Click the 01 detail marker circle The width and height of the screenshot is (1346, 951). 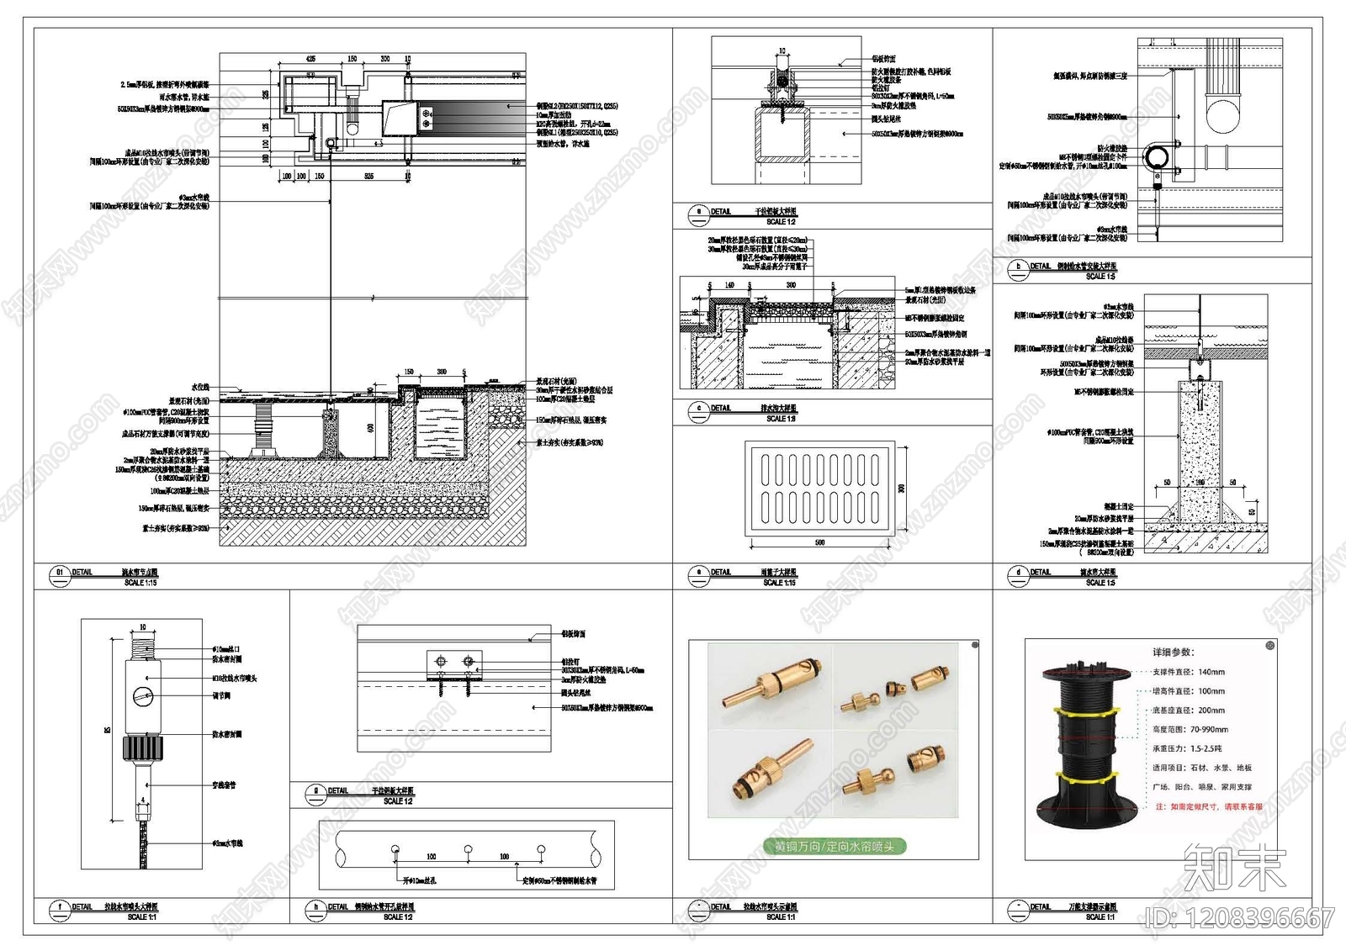pyautogui.click(x=59, y=573)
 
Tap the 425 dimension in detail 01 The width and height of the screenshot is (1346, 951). pyautogui.click(x=310, y=60)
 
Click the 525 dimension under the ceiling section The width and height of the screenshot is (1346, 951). pyautogui.click(x=368, y=177)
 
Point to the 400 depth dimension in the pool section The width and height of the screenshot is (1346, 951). pyautogui.click(x=371, y=428)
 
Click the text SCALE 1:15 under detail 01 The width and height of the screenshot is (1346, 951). pyautogui.click(x=140, y=583)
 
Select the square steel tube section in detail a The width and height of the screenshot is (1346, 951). pyautogui.click(x=782, y=135)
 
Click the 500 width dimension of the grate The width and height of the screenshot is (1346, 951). pyautogui.click(x=820, y=543)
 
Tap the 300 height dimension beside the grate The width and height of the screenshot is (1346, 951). pyautogui.click(x=902, y=488)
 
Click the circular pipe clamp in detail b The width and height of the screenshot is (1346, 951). pyautogui.click(x=1157, y=157)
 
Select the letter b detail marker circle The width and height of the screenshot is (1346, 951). pyautogui.click(x=1018, y=267)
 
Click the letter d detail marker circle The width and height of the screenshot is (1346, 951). pyautogui.click(x=1018, y=573)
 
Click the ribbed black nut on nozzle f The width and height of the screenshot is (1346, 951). pyautogui.click(x=141, y=748)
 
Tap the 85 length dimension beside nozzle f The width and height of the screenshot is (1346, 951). pyautogui.click(x=108, y=730)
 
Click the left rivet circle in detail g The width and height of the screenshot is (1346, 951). pyautogui.click(x=439, y=662)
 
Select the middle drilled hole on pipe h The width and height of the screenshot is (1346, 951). pyautogui.click(x=468, y=849)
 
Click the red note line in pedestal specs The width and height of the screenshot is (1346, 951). pyautogui.click(x=1209, y=806)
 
